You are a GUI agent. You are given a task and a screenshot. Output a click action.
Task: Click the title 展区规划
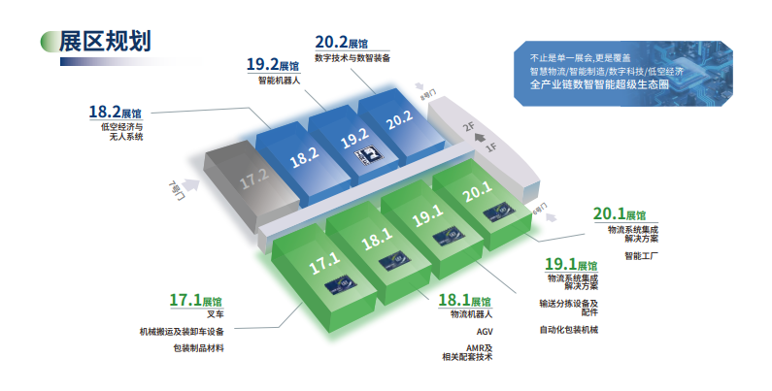click(104, 43)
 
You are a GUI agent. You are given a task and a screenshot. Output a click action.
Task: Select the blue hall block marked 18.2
click(303, 155)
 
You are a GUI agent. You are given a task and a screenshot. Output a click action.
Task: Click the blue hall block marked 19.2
click(353, 137)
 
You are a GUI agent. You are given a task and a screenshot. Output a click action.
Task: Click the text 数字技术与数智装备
click(352, 58)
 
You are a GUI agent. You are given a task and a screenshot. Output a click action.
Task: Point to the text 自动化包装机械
click(569, 331)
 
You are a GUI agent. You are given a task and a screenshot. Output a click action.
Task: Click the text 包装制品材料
click(198, 347)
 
